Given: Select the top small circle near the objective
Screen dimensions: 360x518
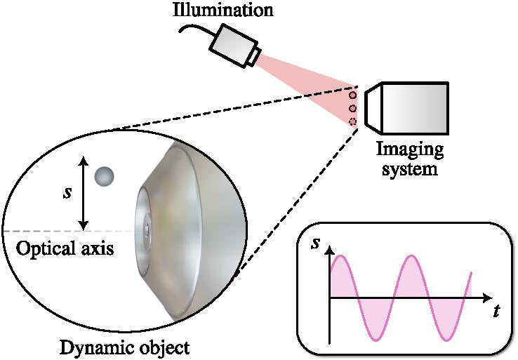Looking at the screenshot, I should (x=353, y=94).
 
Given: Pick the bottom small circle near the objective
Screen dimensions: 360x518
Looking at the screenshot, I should (x=353, y=121).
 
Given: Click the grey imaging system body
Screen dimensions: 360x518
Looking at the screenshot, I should (x=414, y=109).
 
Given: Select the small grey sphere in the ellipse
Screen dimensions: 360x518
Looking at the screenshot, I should (x=105, y=176).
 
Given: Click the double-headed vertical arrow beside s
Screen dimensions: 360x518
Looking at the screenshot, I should (x=84, y=192).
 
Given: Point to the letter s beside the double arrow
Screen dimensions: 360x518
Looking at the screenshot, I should (x=67, y=192).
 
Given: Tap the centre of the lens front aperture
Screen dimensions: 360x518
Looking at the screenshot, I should (x=148, y=229).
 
